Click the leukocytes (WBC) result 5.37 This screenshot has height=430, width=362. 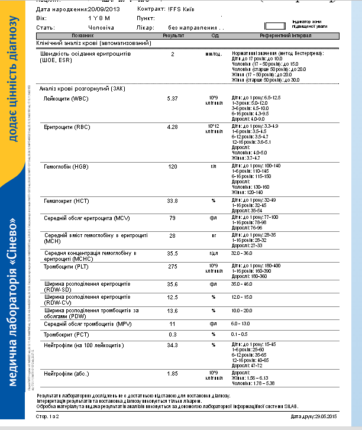[173, 98]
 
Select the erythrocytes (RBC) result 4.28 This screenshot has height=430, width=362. [173, 127]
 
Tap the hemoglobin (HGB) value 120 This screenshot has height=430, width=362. [173, 167]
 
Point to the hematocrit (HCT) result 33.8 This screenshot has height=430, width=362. [173, 201]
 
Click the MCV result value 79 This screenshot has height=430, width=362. [173, 218]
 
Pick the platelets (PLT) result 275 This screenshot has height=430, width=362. [173, 266]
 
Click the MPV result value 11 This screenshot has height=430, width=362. [173, 324]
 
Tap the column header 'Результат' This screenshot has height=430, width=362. [173, 36]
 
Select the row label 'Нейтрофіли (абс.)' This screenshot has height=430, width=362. [66, 374]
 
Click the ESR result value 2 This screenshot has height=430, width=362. [173, 54]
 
